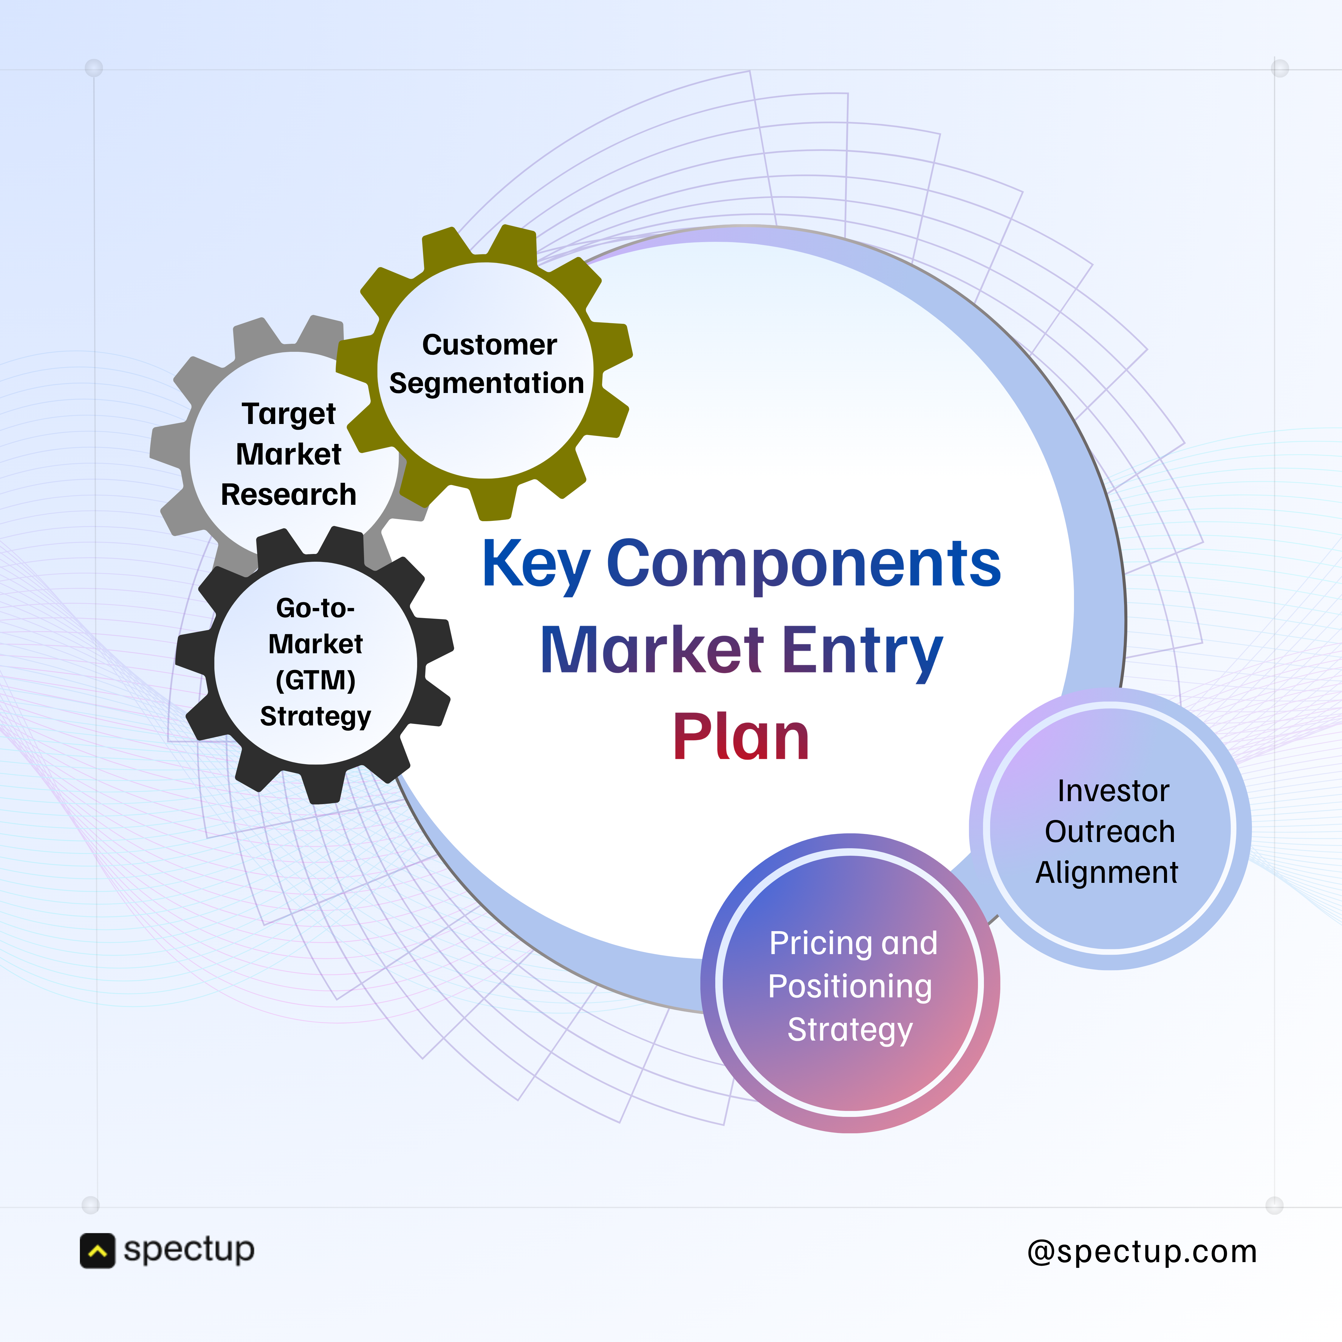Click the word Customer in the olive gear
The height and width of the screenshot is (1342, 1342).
[489, 345]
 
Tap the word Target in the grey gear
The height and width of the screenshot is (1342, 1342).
[289, 414]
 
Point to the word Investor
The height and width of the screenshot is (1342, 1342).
[1113, 790]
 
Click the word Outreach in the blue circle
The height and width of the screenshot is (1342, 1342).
[1109, 832]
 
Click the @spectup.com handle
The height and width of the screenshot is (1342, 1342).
[1142, 1252]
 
